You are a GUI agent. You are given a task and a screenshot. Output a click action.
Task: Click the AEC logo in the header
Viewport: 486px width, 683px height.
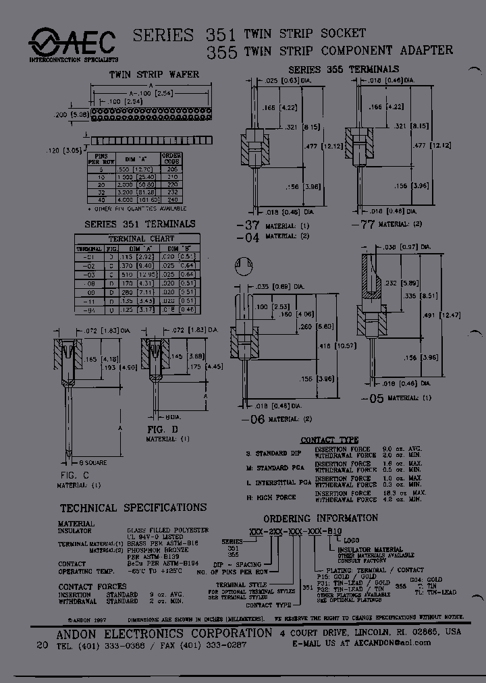tap(72, 42)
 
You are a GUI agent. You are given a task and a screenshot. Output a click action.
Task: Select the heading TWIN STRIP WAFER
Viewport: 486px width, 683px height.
tap(154, 74)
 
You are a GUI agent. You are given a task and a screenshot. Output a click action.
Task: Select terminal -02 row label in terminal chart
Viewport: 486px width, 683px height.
tap(86, 266)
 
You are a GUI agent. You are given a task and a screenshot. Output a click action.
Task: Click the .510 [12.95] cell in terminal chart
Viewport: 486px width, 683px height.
tap(130, 275)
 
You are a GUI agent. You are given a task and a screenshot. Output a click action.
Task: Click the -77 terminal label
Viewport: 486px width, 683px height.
tap(362, 224)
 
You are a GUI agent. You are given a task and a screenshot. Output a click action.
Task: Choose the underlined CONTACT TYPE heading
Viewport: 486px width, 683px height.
tap(329, 440)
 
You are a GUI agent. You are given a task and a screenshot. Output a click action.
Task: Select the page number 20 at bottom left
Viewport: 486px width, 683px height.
tap(42, 645)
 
